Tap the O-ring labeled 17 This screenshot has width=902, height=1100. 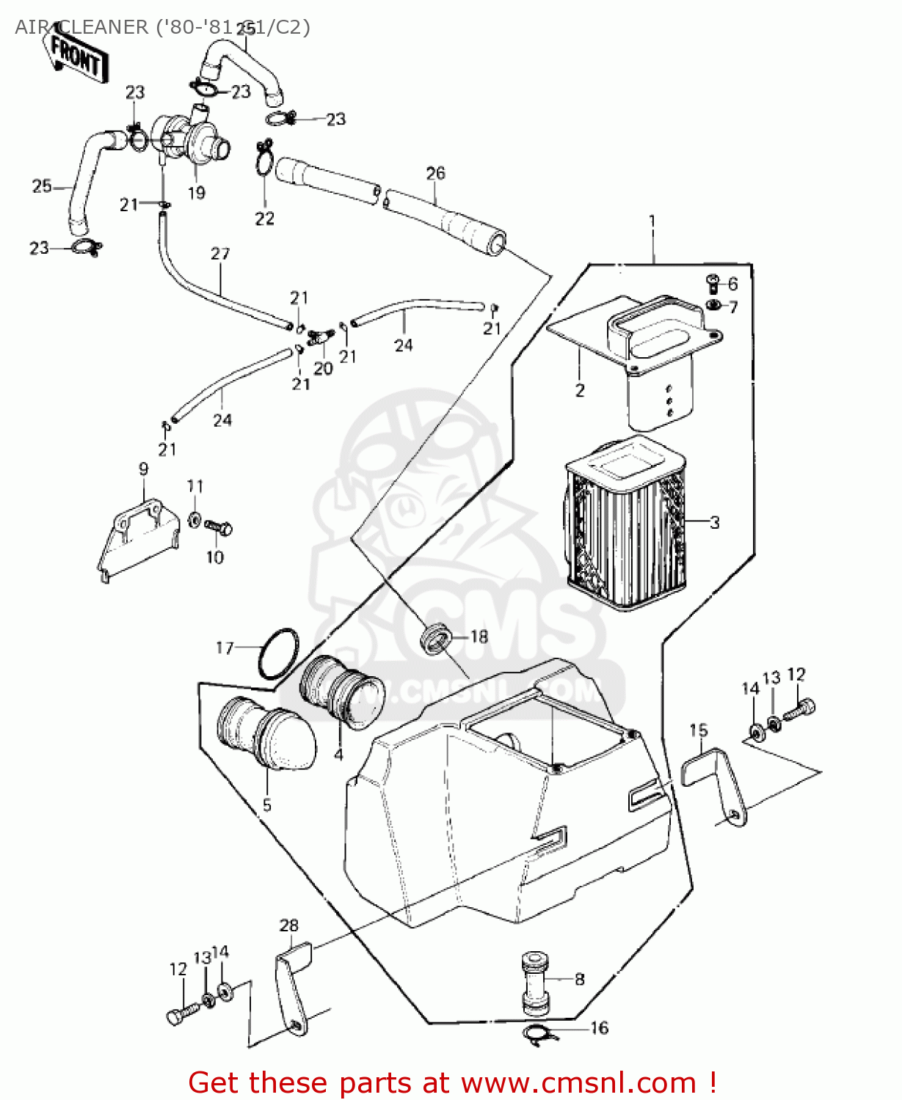(278, 653)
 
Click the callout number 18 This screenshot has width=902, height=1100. (479, 637)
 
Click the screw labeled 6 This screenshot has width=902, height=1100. (711, 282)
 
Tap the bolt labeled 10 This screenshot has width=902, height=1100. (218, 527)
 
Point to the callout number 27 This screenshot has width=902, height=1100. (220, 254)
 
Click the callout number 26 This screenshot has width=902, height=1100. (435, 173)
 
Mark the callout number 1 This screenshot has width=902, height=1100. (652, 221)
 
